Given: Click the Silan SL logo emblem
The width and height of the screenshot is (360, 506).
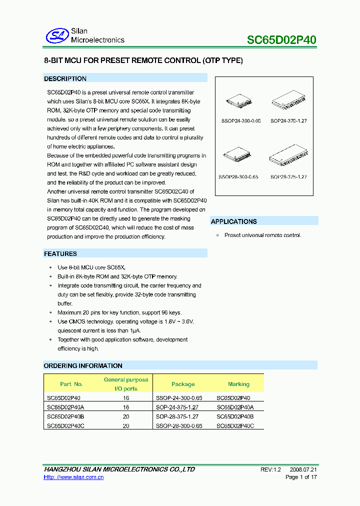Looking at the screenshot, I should click(57, 35).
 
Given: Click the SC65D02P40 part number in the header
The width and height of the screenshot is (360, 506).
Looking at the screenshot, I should click(282, 40).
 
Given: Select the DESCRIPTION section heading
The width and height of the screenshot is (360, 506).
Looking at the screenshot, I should click(65, 78).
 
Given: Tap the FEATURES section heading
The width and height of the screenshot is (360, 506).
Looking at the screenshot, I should click(60, 253).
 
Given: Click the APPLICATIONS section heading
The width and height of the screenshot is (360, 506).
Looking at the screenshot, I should click(234, 221).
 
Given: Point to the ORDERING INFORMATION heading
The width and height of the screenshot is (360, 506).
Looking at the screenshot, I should click(83, 365).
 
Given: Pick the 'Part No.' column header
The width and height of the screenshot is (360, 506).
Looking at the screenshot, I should click(71, 384).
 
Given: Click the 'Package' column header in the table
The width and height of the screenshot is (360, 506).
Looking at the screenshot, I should click(183, 384).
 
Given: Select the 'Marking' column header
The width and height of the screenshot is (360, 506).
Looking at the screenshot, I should click(238, 384).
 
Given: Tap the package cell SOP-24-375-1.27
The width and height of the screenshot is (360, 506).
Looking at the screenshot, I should click(177, 407).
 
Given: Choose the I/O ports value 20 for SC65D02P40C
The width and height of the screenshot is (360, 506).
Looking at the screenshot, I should click(126, 425).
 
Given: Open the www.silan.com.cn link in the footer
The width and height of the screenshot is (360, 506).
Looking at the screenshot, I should click(74, 477).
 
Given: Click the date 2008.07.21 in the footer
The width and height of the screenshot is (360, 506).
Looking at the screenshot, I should click(303, 469).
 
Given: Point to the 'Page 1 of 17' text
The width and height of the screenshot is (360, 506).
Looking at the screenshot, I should click(301, 477).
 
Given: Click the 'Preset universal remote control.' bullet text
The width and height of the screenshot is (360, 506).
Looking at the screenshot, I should click(262, 235).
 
